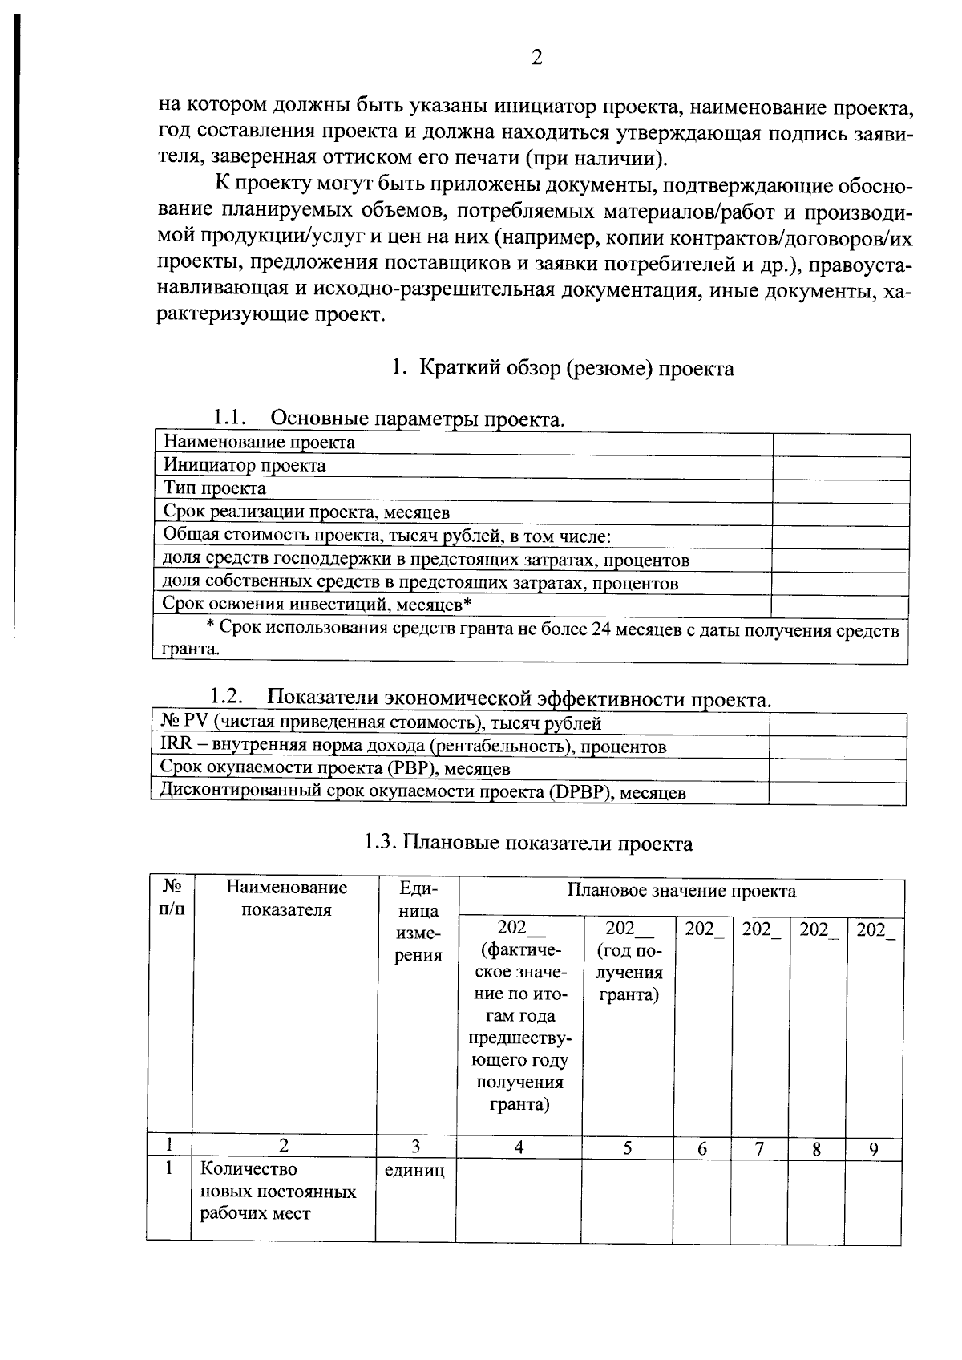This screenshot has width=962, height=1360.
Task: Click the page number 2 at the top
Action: tap(536, 58)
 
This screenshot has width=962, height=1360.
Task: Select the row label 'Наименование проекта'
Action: tap(259, 443)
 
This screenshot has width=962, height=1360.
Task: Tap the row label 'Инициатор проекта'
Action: tap(245, 465)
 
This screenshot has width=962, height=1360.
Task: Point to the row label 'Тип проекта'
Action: tap(214, 488)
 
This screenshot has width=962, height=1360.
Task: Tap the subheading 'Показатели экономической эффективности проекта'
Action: tap(517, 698)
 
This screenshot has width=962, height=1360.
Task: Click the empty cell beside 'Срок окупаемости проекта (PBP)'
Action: tap(837, 770)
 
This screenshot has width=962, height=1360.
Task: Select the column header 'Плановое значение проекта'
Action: tap(681, 891)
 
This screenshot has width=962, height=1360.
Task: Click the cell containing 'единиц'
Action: tap(414, 1170)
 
